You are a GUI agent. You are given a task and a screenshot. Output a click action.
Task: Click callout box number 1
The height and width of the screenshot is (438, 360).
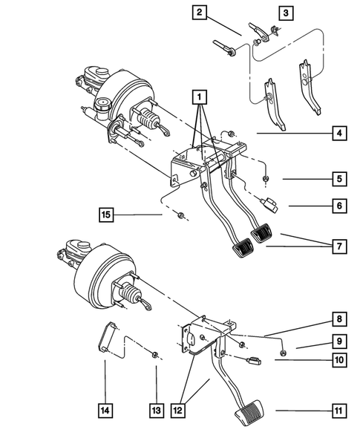(197, 96)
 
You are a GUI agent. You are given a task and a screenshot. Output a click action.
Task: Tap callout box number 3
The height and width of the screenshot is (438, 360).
(286, 12)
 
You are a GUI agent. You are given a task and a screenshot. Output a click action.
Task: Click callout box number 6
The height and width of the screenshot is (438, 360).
(339, 206)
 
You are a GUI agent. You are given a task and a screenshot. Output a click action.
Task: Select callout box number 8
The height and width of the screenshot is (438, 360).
(339, 320)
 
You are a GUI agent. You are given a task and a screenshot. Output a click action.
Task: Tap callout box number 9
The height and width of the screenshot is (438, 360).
(339, 342)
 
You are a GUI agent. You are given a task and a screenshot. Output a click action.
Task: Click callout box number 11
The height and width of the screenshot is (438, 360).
(339, 411)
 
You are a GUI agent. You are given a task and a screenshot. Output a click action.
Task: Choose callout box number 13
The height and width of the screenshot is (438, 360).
(156, 411)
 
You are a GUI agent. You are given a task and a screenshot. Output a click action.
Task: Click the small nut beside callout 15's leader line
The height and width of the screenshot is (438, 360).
(181, 216)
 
